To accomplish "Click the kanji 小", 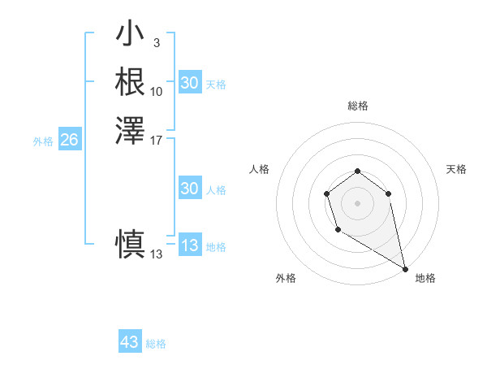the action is (x=130, y=35).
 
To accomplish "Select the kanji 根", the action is (x=130, y=82).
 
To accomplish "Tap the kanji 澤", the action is (x=130, y=130).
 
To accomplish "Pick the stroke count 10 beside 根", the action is (x=157, y=91).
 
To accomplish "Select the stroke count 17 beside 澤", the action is (x=157, y=139).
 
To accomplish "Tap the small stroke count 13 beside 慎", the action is (x=157, y=254).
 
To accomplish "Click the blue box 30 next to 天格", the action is (x=189, y=83).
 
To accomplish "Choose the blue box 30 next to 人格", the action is (x=189, y=189).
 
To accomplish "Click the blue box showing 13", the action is (x=189, y=245).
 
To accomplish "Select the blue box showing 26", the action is (x=69, y=141).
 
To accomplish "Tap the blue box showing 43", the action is (x=129, y=342).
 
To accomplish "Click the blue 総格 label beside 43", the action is (x=156, y=344).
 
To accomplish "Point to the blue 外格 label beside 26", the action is (x=43, y=141).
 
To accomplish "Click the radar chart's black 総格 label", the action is (x=357, y=106).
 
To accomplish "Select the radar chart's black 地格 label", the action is (x=425, y=278).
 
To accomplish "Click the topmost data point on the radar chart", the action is (x=357, y=171).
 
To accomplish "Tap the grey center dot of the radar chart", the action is (x=357, y=202).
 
